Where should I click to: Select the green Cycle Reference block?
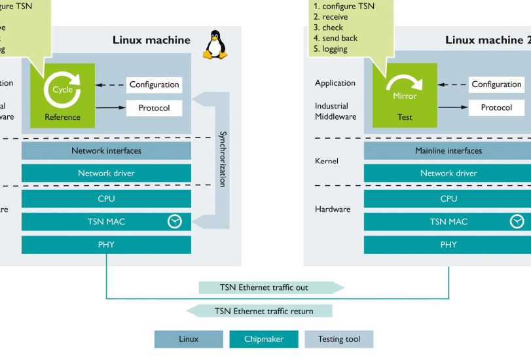[63, 96]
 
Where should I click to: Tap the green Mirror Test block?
[405, 96]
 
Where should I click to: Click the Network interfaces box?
[106, 151]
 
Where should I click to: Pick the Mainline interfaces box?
[448, 151]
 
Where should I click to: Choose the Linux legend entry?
[189, 339]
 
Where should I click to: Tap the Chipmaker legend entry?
[263, 339]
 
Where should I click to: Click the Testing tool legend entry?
[339, 339]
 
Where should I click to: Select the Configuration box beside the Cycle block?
[154, 84]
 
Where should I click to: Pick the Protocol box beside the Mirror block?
[496, 107]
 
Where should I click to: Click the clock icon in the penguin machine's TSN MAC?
[174, 222]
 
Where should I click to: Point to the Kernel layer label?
[327, 160]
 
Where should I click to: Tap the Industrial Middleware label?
[336, 111]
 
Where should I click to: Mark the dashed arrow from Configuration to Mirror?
[452, 84]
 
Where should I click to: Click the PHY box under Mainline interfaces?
[448, 245]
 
